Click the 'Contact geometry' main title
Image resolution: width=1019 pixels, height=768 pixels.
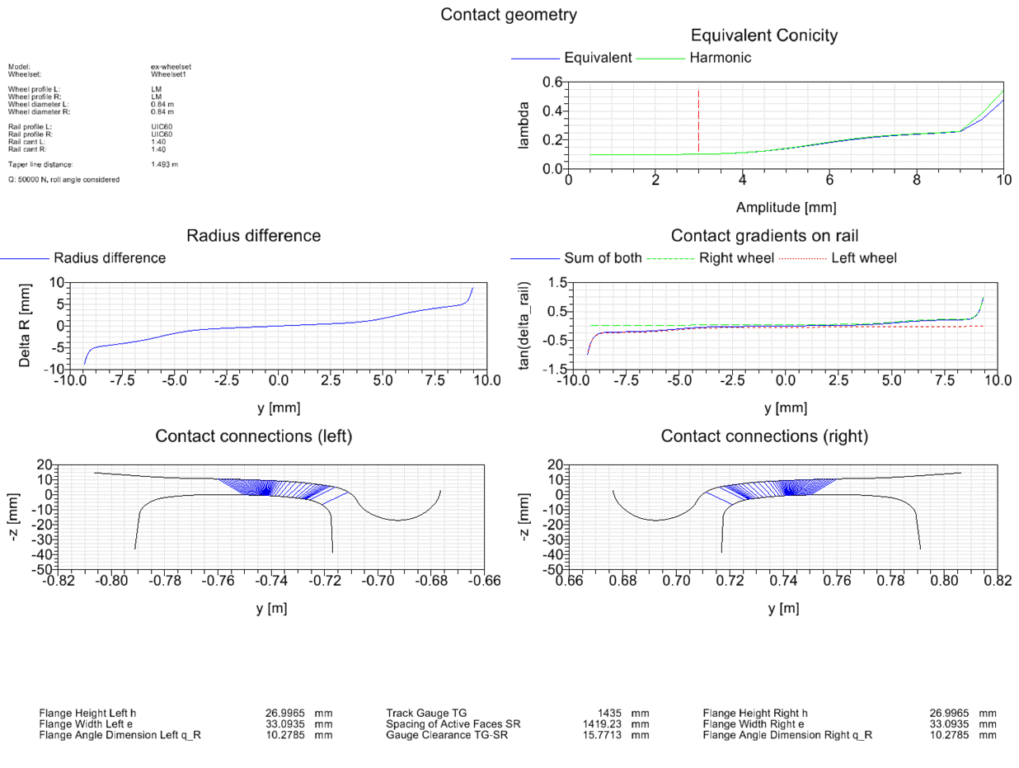click(x=509, y=14)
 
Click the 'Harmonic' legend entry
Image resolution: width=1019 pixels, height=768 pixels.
click(x=720, y=58)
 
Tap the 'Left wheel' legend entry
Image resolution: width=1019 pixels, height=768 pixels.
click(x=863, y=258)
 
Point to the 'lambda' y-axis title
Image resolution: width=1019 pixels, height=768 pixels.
click(x=524, y=125)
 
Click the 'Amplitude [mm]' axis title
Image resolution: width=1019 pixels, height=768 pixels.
click(x=786, y=206)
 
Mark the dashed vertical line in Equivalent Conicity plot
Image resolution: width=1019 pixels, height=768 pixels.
click(x=698, y=120)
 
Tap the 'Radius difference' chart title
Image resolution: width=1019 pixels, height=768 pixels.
click(x=254, y=236)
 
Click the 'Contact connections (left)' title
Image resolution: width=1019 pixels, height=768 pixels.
click(x=254, y=436)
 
